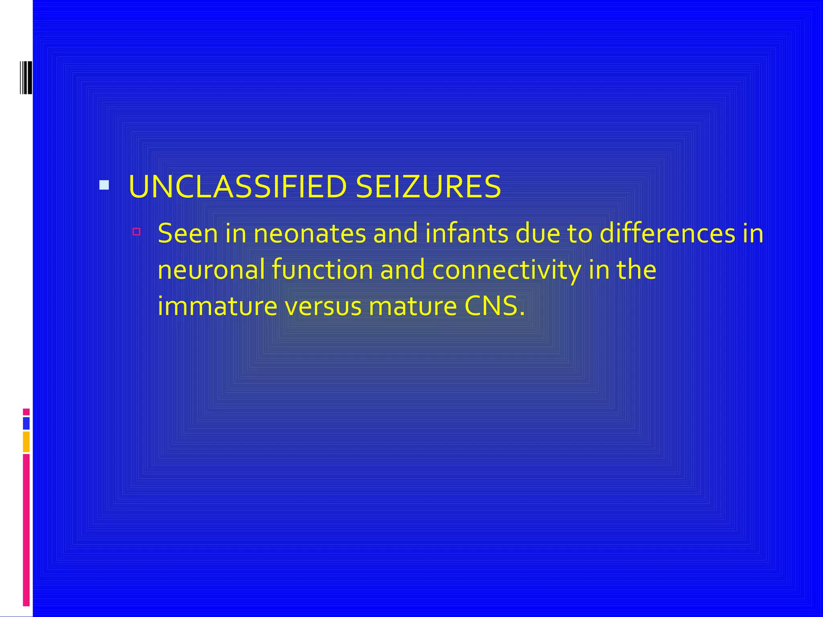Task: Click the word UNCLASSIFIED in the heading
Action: pos(237,187)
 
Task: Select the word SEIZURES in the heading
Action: pos(428,187)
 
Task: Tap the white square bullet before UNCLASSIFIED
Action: pos(104,185)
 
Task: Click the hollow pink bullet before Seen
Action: pos(137,231)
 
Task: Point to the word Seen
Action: pos(188,233)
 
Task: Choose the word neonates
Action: pos(310,233)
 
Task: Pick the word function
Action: pos(322,270)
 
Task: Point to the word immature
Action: pos(217,306)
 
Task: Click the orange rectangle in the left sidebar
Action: pos(26,442)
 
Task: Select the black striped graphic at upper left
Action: pos(26,78)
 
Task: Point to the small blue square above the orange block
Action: pos(26,423)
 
